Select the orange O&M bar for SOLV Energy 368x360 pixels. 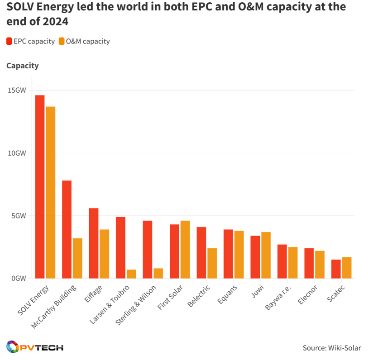point(50,192)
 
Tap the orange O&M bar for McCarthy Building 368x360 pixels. point(77,258)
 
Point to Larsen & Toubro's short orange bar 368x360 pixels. point(131,274)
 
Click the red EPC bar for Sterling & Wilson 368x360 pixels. point(148,249)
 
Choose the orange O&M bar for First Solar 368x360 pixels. point(185,249)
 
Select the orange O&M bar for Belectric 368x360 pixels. point(212,263)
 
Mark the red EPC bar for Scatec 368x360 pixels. point(336,269)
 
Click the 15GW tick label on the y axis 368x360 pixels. point(17,90)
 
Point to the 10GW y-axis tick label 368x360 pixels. point(17,153)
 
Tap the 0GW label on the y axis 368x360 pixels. point(19,279)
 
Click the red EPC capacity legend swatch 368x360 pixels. point(9,41)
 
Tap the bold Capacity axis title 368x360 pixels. point(23,66)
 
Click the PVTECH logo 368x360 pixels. point(35,347)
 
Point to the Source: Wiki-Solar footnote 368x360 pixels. point(332,348)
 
